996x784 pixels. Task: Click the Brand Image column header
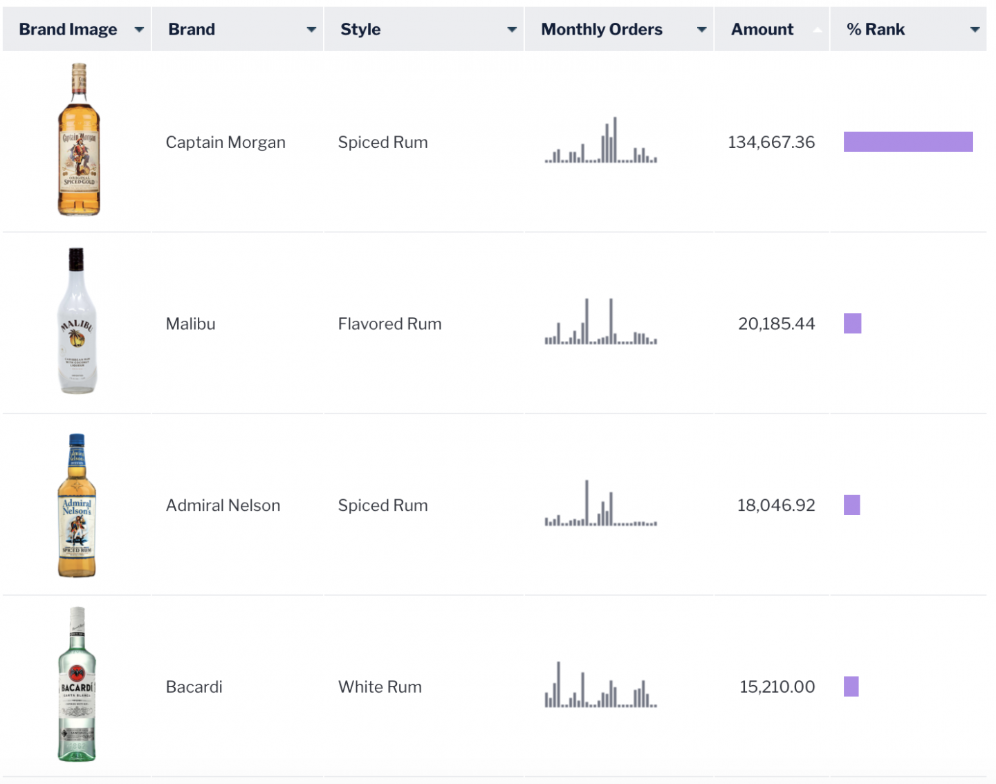click(x=68, y=30)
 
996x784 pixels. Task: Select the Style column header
click(x=360, y=30)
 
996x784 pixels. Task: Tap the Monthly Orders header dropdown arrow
click(x=701, y=30)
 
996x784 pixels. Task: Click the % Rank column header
click(x=876, y=30)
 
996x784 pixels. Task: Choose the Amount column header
click(x=762, y=30)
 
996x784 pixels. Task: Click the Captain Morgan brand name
click(x=225, y=142)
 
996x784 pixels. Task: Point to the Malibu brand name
click(x=191, y=324)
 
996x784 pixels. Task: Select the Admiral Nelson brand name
click(x=223, y=505)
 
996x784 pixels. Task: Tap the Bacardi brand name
click(x=194, y=687)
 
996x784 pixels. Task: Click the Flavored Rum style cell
click(x=389, y=324)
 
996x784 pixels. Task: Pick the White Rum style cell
click(x=380, y=687)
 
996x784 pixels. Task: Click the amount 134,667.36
click(x=771, y=142)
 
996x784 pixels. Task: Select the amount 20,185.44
click(x=776, y=324)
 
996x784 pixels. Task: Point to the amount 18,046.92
click(x=776, y=505)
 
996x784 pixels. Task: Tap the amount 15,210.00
click(x=777, y=687)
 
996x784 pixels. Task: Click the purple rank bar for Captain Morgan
click(x=908, y=142)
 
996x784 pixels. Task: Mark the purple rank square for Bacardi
click(x=851, y=687)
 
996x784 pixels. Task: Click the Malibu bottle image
click(x=77, y=321)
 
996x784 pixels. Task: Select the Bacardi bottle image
click(x=77, y=684)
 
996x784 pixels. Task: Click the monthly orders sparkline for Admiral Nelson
click(x=600, y=504)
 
